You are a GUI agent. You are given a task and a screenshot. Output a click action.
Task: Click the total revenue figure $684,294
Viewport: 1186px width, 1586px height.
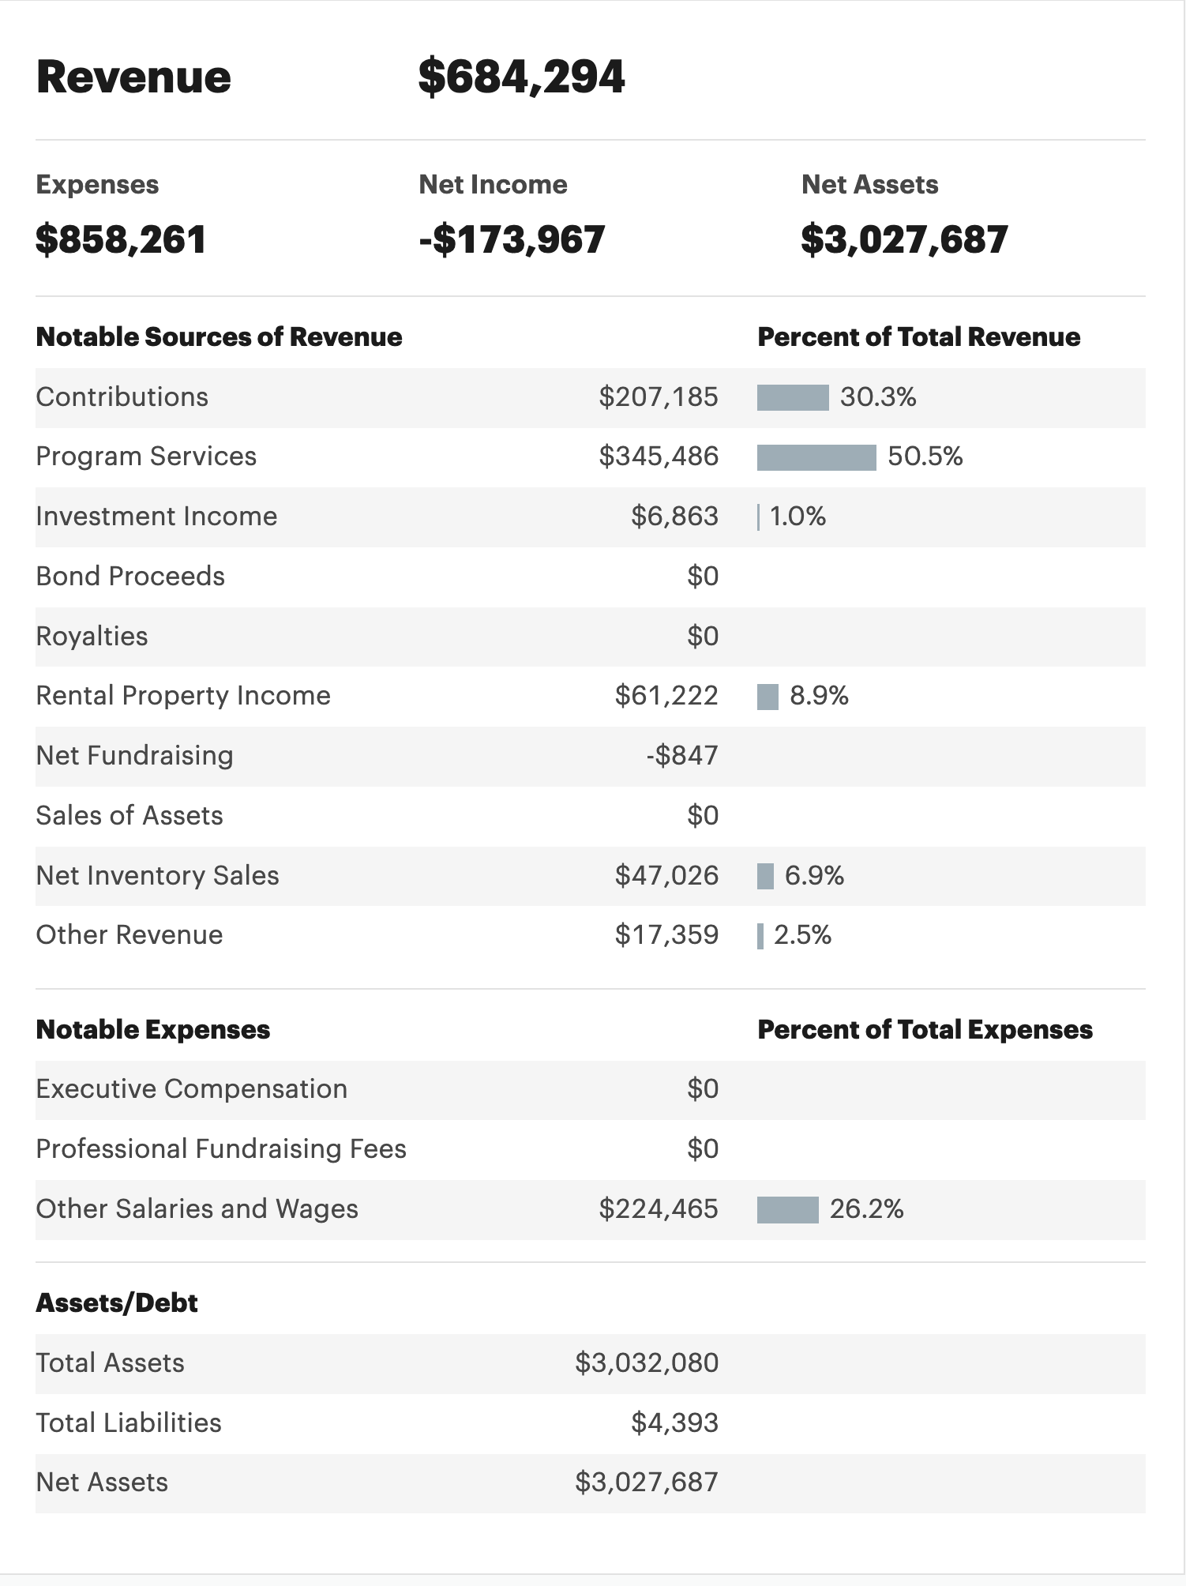(x=521, y=77)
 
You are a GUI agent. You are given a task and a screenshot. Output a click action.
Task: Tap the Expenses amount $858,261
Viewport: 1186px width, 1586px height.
(x=121, y=239)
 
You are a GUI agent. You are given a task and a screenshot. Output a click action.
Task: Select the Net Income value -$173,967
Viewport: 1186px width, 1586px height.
(x=512, y=239)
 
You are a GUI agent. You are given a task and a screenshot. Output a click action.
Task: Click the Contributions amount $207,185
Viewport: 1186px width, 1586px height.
(x=659, y=396)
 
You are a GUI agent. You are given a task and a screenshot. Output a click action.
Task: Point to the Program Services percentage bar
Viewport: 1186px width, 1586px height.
(x=816, y=457)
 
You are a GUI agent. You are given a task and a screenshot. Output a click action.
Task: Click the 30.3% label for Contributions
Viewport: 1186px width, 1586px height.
(x=878, y=396)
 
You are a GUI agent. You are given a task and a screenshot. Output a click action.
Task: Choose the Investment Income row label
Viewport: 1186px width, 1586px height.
(x=156, y=517)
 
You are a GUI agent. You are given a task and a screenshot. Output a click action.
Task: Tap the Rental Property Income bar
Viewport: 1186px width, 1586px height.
(x=768, y=697)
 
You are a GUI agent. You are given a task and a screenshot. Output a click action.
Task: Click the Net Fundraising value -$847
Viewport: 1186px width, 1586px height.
(x=682, y=756)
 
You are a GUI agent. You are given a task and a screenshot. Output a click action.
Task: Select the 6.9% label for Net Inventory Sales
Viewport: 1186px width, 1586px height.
(x=814, y=876)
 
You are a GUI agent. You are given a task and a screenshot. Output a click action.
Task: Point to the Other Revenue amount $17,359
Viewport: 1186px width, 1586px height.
(x=666, y=935)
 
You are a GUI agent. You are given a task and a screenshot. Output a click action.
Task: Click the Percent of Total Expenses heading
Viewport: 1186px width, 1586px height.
(x=925, y=1030)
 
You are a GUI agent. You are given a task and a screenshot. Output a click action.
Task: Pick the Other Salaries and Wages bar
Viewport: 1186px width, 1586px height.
(x=787, y=1209)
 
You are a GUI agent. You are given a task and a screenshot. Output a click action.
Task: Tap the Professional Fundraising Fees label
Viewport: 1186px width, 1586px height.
(x=221, y=1149)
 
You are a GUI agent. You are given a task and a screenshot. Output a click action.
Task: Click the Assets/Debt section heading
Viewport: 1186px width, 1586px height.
(x=117, y=1302)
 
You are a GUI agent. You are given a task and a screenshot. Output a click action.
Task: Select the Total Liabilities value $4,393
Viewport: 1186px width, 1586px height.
(x=674, y=1423)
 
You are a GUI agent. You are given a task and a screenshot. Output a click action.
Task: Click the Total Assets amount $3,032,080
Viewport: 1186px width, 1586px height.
(x=647, y=1363)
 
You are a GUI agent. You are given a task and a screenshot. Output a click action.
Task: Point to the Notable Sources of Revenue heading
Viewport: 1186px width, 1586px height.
(x=219, y=337)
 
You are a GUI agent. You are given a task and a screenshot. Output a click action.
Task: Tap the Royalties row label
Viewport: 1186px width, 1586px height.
(x=92, y=637)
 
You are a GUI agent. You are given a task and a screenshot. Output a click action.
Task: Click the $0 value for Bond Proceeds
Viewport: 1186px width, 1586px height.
(x=703, y=577)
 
